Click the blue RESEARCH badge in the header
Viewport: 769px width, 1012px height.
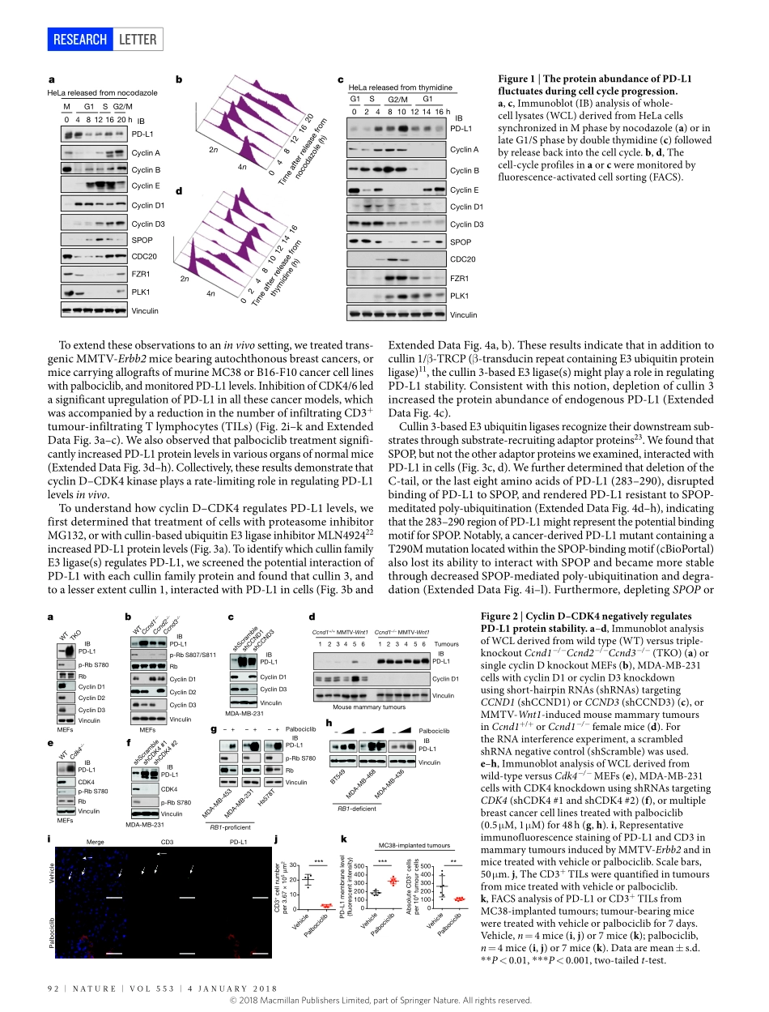click(x=79, y=39)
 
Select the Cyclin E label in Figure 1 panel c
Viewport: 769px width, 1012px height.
click(x=465, y=190)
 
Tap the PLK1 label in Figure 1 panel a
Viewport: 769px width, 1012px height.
click(x=141, y=292)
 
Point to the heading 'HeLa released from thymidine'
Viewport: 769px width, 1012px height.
click(x=400, y=88)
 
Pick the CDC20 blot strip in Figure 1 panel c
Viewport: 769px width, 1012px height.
click(x=397, y=260)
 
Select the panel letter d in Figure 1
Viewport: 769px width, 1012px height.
click(x=179, y=190)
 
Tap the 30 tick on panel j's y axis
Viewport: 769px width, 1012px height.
click(x=293, y=865)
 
